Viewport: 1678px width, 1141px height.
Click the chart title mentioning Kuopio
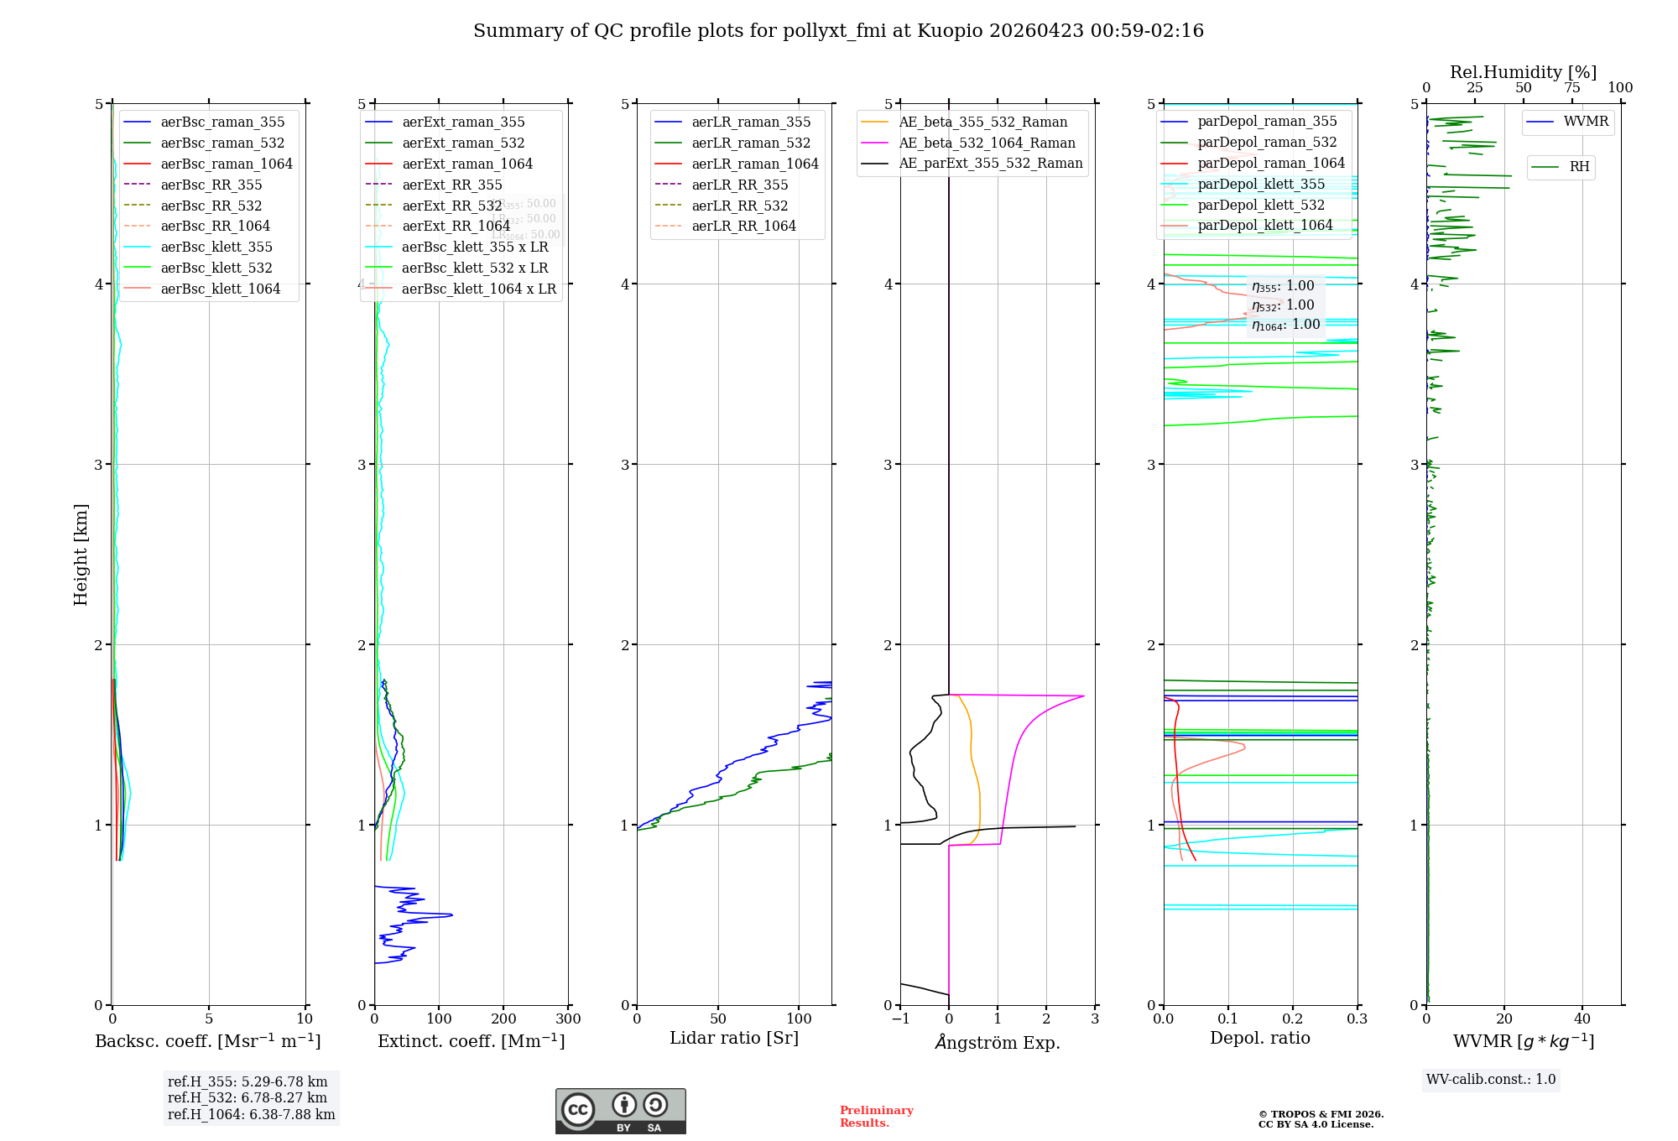838,31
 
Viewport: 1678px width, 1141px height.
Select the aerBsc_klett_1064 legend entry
220,289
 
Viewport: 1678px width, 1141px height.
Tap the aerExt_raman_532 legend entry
463,143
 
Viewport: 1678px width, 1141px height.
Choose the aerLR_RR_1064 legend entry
743,226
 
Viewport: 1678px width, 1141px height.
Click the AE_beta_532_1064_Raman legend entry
987,143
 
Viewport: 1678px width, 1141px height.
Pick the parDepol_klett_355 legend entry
1261,184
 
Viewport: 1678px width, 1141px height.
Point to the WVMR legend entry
1586,122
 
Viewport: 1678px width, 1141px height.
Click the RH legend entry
1579,167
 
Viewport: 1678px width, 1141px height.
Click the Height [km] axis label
81,555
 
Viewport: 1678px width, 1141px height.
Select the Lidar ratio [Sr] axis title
734,1038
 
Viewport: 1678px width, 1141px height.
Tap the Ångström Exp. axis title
998,1042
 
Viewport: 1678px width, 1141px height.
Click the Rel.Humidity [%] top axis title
1523,72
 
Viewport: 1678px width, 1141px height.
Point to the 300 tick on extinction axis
568,1019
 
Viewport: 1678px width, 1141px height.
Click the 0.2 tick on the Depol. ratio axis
1293,1019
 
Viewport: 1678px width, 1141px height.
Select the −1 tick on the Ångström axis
900,1019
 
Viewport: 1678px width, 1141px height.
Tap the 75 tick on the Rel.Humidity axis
1571,88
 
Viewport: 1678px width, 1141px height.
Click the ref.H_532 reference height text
248,1097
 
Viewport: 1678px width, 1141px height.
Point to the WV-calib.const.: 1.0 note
1491,1079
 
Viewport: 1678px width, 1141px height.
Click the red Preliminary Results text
876,1116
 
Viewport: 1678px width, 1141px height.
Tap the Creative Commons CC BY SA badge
620,1111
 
